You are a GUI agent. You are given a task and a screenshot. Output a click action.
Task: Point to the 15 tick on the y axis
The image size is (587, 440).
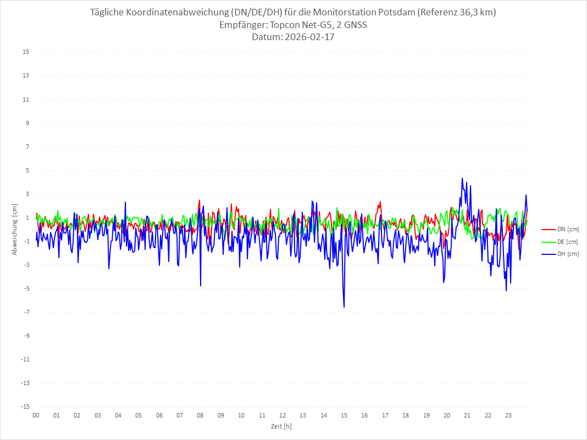point(25,52)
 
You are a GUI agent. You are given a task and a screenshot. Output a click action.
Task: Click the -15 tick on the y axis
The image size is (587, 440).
point(24,406)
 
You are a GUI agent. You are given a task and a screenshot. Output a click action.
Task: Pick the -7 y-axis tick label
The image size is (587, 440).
point(25,312)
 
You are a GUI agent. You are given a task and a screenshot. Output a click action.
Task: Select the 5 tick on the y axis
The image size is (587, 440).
point(26,170)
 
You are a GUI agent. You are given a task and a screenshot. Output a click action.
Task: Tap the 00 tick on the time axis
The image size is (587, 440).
point(36,415)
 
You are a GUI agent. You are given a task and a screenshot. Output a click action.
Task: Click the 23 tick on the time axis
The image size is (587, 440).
point(508,415)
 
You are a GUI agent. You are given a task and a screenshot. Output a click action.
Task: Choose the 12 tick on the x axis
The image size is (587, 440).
point(283,415)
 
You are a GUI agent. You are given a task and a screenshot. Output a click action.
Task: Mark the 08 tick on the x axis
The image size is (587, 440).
point(200,415)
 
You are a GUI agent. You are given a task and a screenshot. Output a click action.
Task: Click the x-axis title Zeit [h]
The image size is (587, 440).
point(281,426)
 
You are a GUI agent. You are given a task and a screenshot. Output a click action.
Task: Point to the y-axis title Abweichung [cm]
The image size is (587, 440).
point(15,229)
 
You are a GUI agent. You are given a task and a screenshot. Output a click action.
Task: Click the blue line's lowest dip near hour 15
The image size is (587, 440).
point(344,307)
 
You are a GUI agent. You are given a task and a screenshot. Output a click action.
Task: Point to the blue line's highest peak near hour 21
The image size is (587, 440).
point(462,178)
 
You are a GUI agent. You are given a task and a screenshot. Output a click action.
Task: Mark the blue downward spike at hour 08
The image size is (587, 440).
point(201,285)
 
